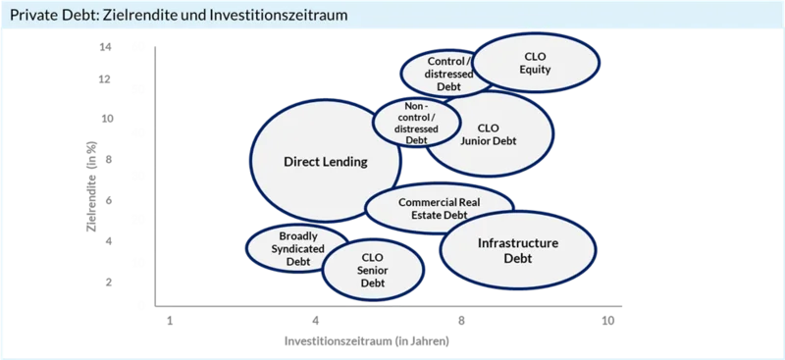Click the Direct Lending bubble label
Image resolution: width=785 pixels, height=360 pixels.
pos(326,162)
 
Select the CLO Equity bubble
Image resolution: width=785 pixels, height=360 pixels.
pos(535,63)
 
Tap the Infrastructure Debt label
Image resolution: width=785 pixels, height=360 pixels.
pos(518,251)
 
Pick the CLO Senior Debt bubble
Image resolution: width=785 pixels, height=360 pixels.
pos(373,270)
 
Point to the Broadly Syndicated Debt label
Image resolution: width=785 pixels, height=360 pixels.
pos(298,248)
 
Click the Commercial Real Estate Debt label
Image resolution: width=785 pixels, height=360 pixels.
pos(439,209)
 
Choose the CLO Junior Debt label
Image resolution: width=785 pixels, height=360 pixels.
pos(488,134)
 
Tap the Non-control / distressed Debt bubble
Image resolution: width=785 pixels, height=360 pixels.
pos(416,123)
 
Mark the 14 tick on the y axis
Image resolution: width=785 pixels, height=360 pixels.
pos(106,47)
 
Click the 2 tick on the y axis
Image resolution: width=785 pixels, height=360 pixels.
pos(109,283)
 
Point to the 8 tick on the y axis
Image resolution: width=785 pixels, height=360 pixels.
pos(109,159)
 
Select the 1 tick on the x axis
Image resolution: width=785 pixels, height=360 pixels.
pos(170,321)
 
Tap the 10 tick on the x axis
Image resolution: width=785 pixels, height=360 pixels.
pos(607,321)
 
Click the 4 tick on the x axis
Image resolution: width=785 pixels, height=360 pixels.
pos(315,321)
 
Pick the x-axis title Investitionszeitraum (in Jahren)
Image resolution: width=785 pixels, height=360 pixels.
pos(366,341)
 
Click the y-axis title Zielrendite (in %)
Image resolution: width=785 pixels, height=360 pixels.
pos(92,186)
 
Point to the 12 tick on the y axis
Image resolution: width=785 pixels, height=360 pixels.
pos(106,79)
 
